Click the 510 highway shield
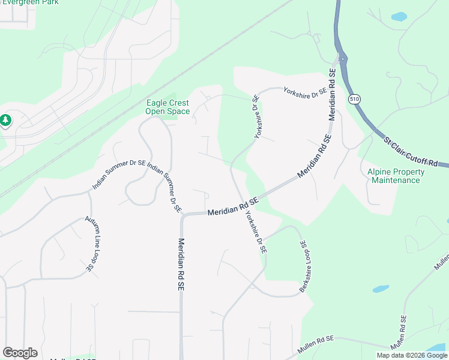(x=355, y=99)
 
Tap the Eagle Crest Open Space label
(x=168, y=107)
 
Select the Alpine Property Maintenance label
(x=396, y=176)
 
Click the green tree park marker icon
(x=5, y=121)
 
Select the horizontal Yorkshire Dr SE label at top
(x=305, y=90)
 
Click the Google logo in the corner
(x=20, y=353)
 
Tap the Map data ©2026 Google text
(x=412, y=355)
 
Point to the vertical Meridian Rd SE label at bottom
(x=180, y=264)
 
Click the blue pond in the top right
(x=399, y=16)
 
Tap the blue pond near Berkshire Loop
(x=381, y=289)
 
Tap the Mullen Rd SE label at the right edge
(x=441, y=260)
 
